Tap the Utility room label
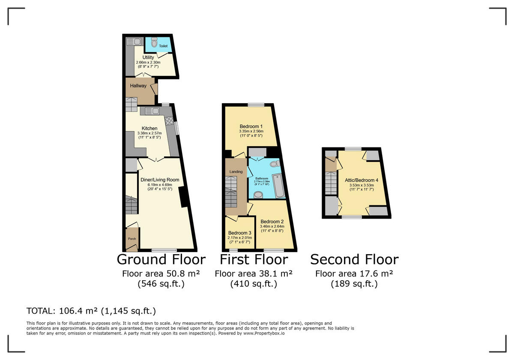[x=148, y=57]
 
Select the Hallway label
[x=138, y=86]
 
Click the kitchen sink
[x=152, y=111]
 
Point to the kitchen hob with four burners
[x=169, y=121]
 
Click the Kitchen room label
[x=149, y=128]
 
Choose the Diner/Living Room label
[x=160, y=180]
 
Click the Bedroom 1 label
[x=251, y=126]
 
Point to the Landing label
[x=236, y=171]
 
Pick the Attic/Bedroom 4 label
[x=362, y=180]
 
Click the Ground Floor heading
[x=161, y=259]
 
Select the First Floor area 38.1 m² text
[x=254, y=273]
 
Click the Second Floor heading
[x=354, y=259]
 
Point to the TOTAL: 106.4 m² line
[x=91, y=311]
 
